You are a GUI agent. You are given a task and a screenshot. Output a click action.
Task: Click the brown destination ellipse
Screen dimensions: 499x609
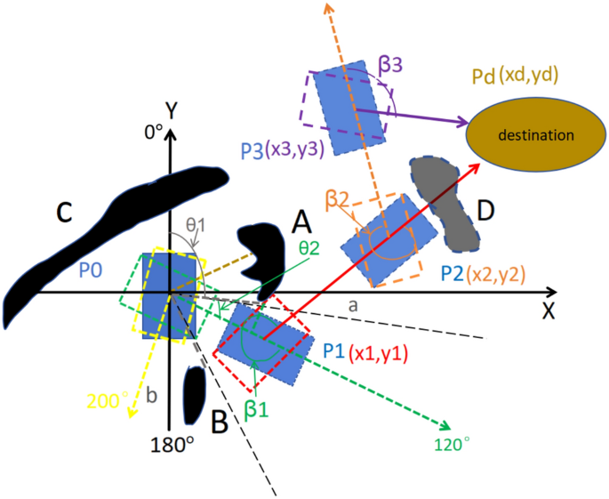click(533, 134)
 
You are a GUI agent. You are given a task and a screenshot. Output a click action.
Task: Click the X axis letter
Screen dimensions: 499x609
click(548, 312)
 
